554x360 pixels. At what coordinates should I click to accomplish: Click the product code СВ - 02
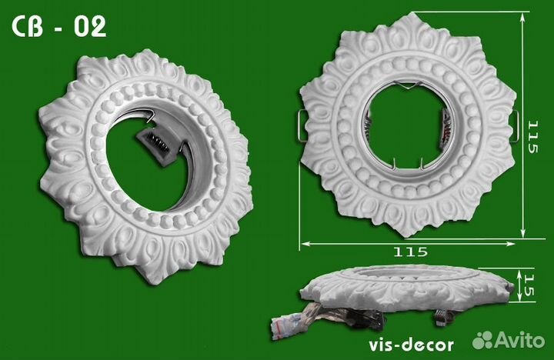click(x=59, y=27)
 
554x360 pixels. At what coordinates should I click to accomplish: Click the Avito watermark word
click(x=519, y=340)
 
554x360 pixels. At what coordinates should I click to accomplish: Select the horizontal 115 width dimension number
click(x=410, y=252)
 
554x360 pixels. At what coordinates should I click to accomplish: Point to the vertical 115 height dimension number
click(x=532, y=137)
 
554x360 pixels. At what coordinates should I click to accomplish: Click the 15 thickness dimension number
click(x=529, y=285)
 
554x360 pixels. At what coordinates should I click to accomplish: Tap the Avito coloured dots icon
click(x=483, y=339)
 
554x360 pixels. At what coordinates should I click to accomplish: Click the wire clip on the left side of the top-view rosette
click(x=302, y=125)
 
